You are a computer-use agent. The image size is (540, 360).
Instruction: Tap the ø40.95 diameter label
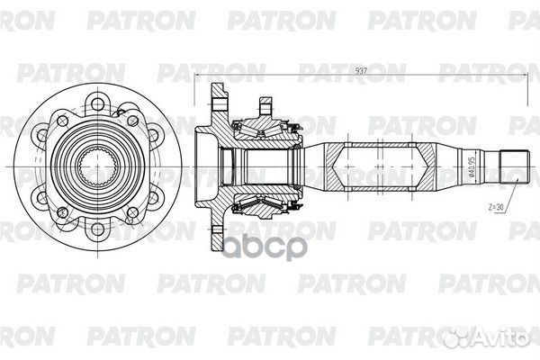tap(472, 166)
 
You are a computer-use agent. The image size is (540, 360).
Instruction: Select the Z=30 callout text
tap(496, 207)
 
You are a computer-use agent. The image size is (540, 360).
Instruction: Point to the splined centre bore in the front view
tap(98, 166)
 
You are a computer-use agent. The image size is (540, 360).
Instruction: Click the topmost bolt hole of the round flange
tap(98, 103)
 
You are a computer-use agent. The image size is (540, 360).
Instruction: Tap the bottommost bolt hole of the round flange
tap(98, 229)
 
